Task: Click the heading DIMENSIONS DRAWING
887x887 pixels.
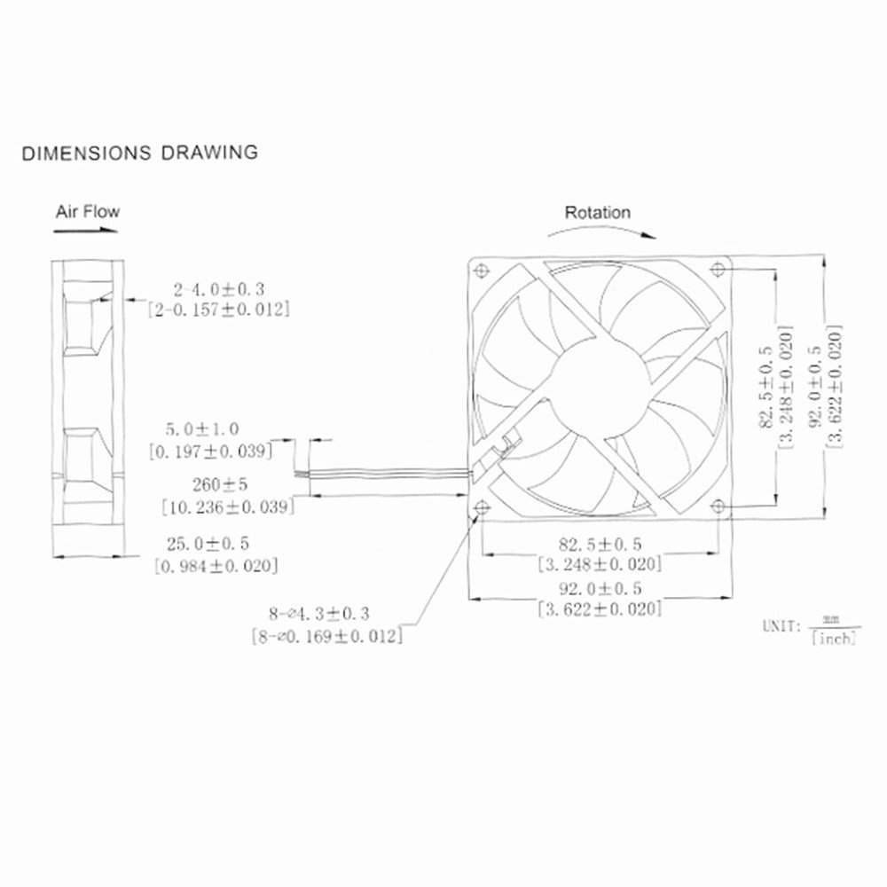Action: tap(140, 153)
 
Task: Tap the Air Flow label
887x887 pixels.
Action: tap(87, 212)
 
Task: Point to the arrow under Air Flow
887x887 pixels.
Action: tap(86, 231)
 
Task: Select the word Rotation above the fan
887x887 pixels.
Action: tap(598, 213)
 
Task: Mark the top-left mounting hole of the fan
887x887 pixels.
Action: tap(483, 269)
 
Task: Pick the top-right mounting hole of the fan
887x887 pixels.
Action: tap(718, 269)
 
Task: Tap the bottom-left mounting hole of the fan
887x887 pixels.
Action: tap(483, 506)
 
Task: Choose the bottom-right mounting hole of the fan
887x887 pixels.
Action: tap(718, 506)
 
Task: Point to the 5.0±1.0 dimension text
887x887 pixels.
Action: tap(203, 428)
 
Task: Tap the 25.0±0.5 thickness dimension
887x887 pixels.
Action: tap(212, 543)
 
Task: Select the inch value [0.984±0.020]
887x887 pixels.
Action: tap(216, 565)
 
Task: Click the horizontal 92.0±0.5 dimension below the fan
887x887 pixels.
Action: tap(600, 588)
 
